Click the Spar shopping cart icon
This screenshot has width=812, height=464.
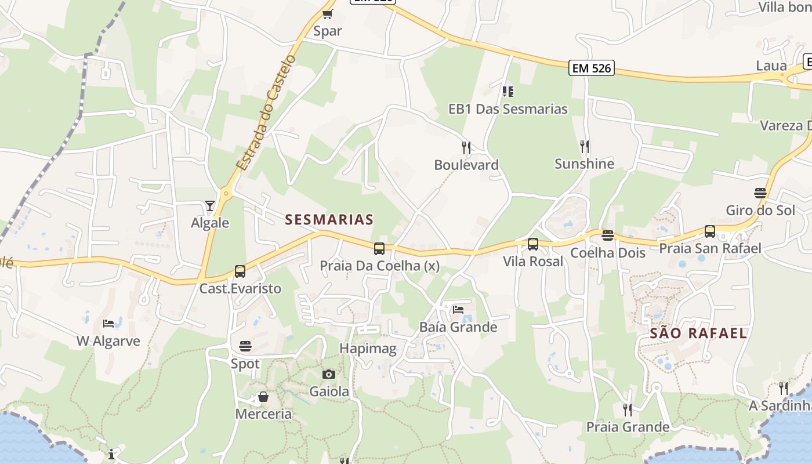pyautogui.click(x=328, y=14)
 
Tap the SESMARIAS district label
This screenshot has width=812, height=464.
pyautogui.click(x=329, y=220)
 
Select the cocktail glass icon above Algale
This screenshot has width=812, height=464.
pyautogui.click(x=209, y=206)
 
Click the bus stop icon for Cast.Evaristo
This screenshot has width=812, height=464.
pyautogui.click(x=240, y=271)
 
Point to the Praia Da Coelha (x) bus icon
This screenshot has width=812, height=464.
pyautogui.click(x=379, y=249)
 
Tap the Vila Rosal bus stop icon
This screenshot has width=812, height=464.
pyautogui.click(x=533, y=244)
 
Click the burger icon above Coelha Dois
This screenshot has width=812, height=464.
pyautogui.click(x=608, y=235)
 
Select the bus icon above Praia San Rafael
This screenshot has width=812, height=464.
pyautogui.click(x=710, y=231)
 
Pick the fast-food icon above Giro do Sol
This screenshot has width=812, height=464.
pyautogui.click(x=760, y=193)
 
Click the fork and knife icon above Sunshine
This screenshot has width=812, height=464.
pyautogui.click(x=585, y=147)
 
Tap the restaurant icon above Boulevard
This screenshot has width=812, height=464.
pyautogui.click(x=466, y=148)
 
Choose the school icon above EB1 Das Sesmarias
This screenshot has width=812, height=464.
pyautogui.click(x=508, y=91)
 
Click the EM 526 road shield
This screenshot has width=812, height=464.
pyautogui.click(x=591, y=68)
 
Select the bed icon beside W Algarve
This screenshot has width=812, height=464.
pyautogui.click(x=108, y=324)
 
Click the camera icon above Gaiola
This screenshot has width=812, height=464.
pyautogui.click(x=329, y=375)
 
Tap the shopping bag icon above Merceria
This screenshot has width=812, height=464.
pyautogui.click(x=263, y=397)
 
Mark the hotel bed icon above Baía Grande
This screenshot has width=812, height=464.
pyautogui.click(x=458, y=310)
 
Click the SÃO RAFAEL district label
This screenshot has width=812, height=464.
pyautogui.click(x=698, y=333)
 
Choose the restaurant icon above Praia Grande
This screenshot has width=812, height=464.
pyautogui.click(x=628, y=410)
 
